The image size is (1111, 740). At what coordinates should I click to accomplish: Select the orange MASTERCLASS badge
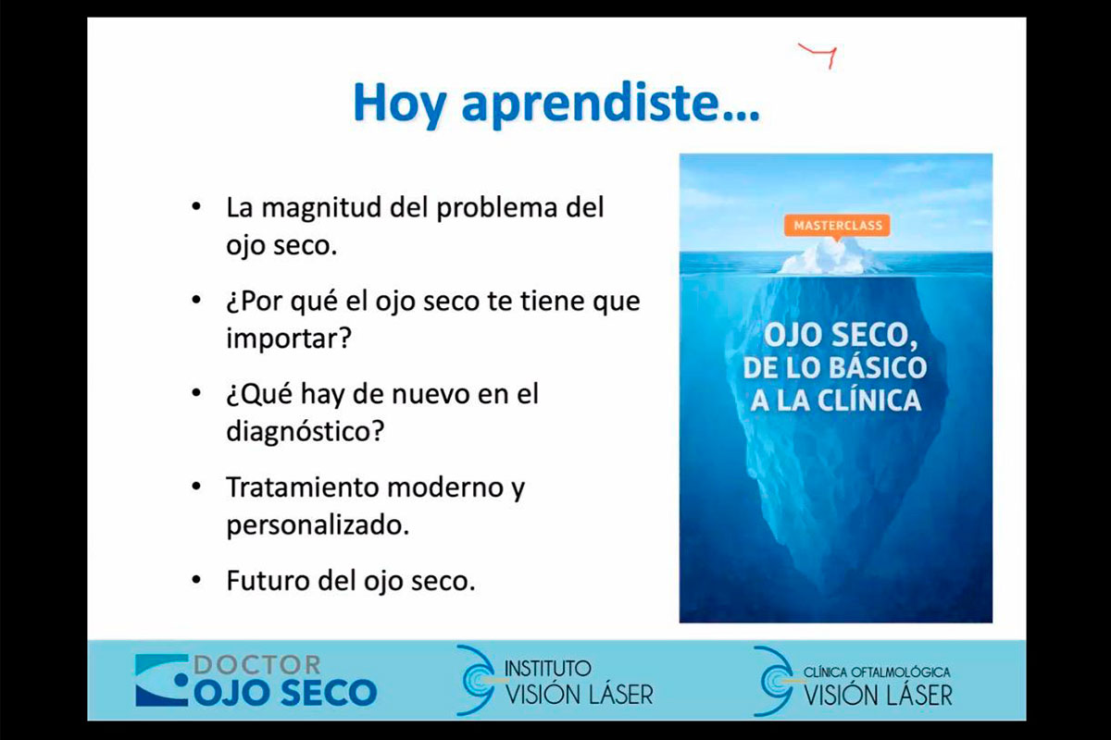click(x=837, y=226)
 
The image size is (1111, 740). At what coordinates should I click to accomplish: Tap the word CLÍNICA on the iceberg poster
click(x=869, y=401)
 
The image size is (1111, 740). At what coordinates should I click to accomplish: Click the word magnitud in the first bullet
click(x=321, y=208)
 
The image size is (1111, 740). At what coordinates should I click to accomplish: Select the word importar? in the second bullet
click(x=289, y=339)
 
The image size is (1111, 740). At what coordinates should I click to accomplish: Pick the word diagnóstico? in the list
click(x=305, y=431)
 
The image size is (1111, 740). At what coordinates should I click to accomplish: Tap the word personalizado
click(x=318, y=525)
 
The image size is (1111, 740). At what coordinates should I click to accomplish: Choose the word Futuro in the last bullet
click(x=268, y=580)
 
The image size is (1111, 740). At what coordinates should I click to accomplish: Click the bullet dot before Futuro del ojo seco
click(x=196, y=579)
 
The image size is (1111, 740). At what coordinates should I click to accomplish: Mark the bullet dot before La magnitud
click(x=196, y=205)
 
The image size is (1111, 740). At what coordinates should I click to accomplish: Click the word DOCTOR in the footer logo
click(x=257, y=665)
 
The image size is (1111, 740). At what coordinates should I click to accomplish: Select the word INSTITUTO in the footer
click(x=547, y=669)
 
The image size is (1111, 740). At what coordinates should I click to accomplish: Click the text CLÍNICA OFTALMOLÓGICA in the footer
click(x=877, y=672)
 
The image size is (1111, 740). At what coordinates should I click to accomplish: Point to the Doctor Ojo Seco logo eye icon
click(x=162, y=680)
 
